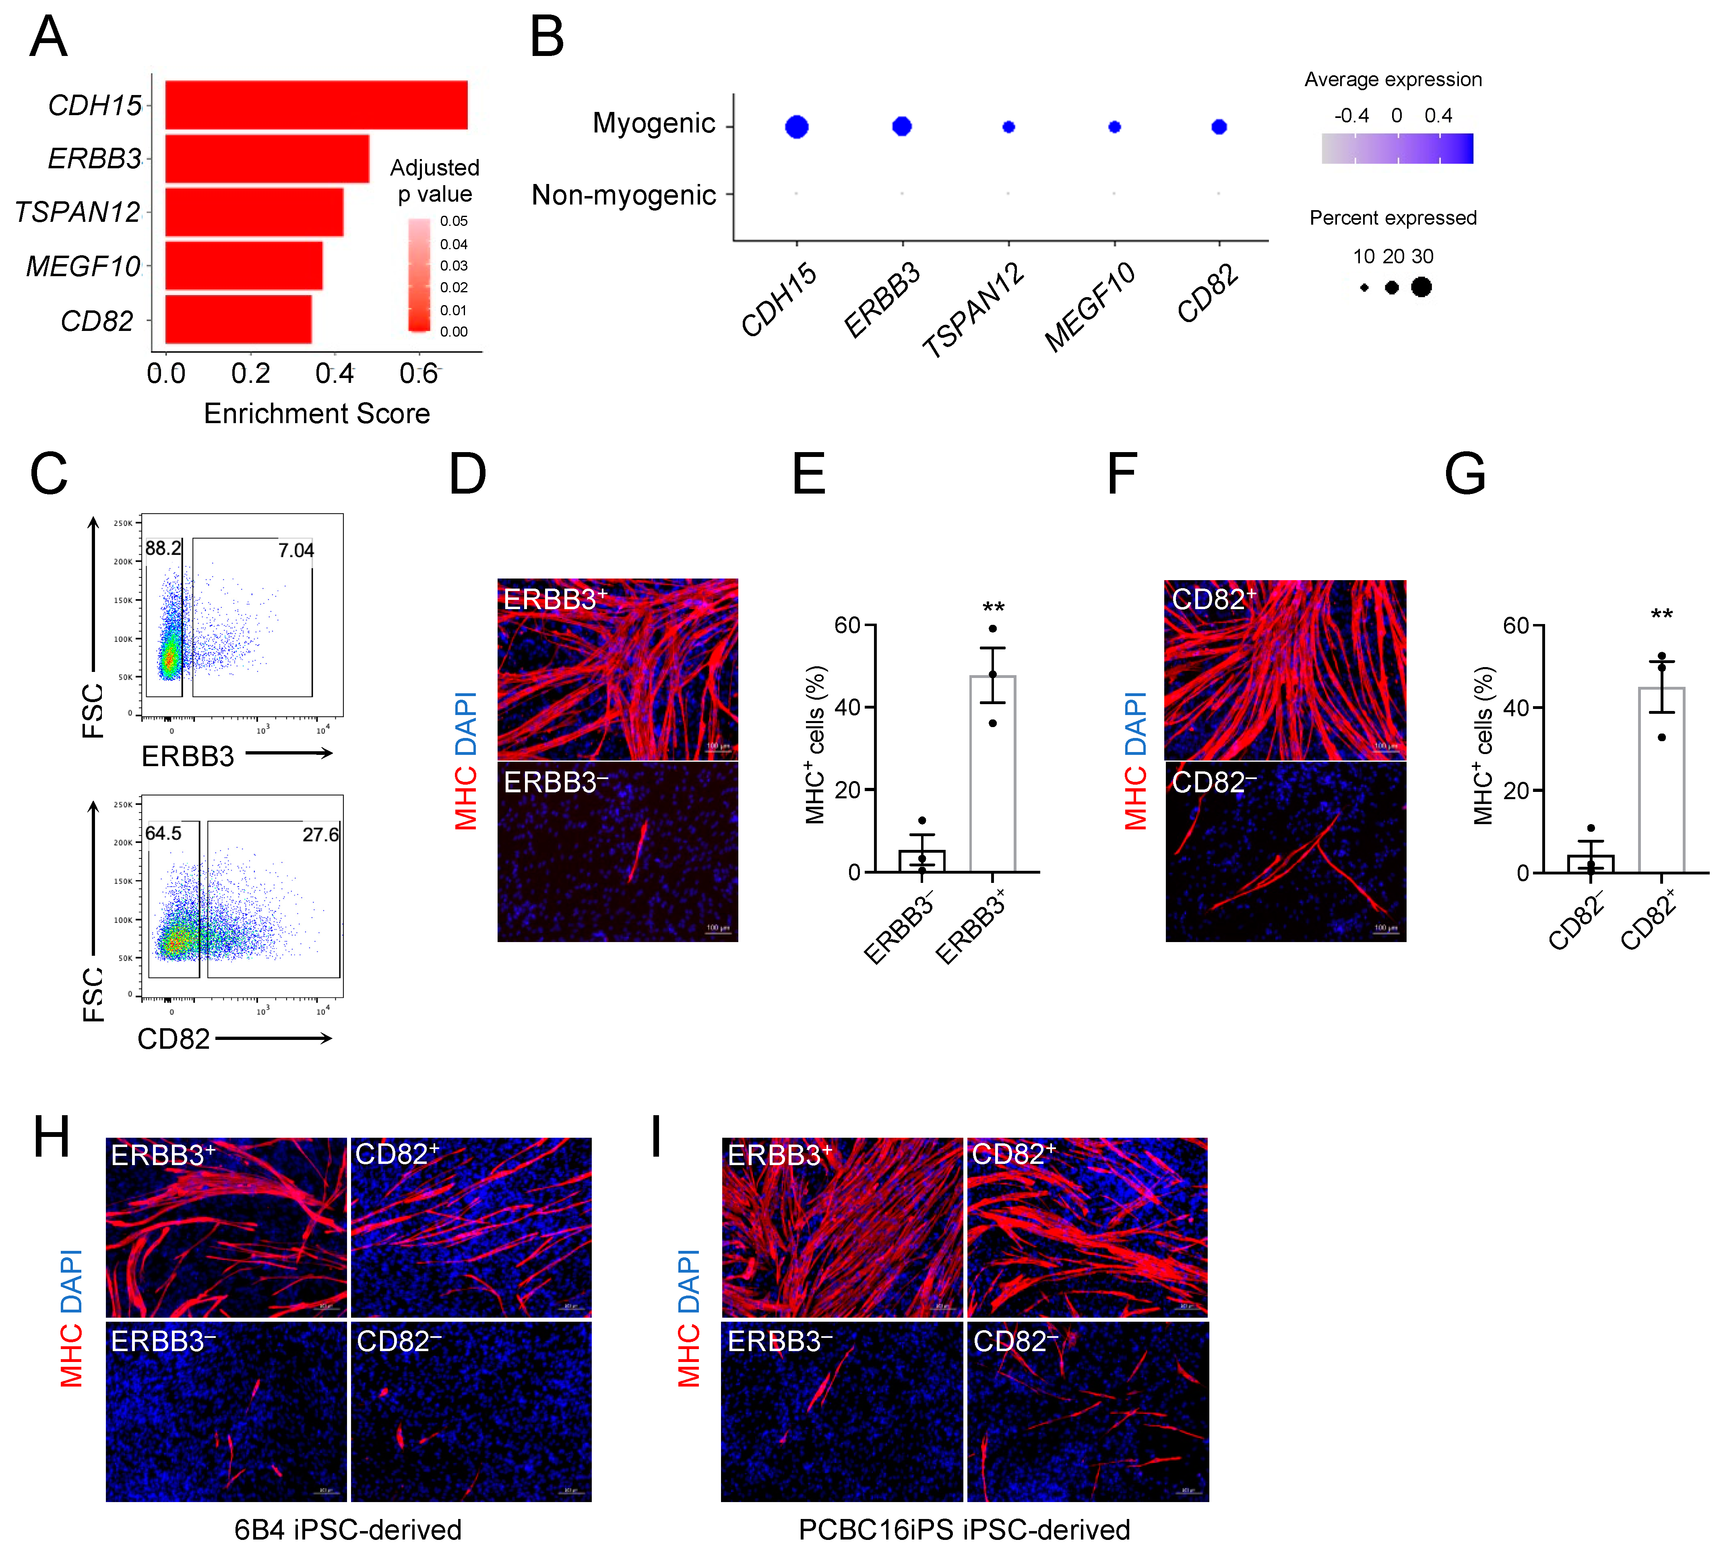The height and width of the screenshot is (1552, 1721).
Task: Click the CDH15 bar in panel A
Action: click(316, 105)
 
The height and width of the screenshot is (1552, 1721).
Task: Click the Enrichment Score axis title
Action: click(316, 413)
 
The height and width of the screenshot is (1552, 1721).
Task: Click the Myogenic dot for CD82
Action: click(1219, 127)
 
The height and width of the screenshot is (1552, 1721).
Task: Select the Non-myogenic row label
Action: click(624, 195)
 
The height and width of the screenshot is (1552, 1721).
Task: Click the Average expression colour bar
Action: click(1397, 149)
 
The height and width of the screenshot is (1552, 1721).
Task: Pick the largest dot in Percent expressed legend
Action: click(1421, 287)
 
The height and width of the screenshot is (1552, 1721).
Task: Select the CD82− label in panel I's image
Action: click(1015, 1341)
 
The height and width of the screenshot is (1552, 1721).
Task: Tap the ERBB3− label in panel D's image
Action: click(555, 782)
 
